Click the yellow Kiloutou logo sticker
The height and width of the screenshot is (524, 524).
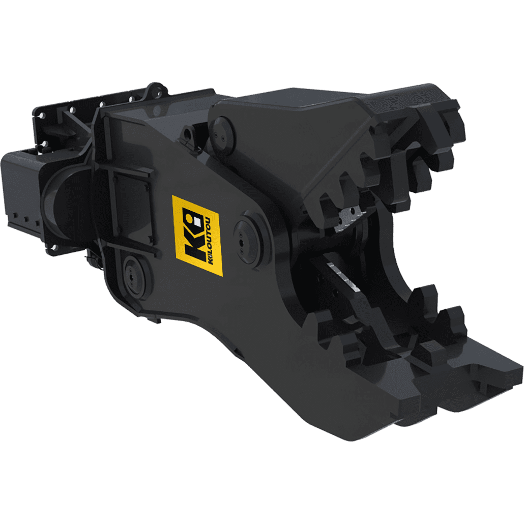tap(197, 235)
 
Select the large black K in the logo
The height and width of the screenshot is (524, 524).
tap(193, 235)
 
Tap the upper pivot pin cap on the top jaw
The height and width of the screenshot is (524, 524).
tap(221, 136)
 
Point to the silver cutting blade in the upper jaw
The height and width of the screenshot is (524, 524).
tap(347, 219)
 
